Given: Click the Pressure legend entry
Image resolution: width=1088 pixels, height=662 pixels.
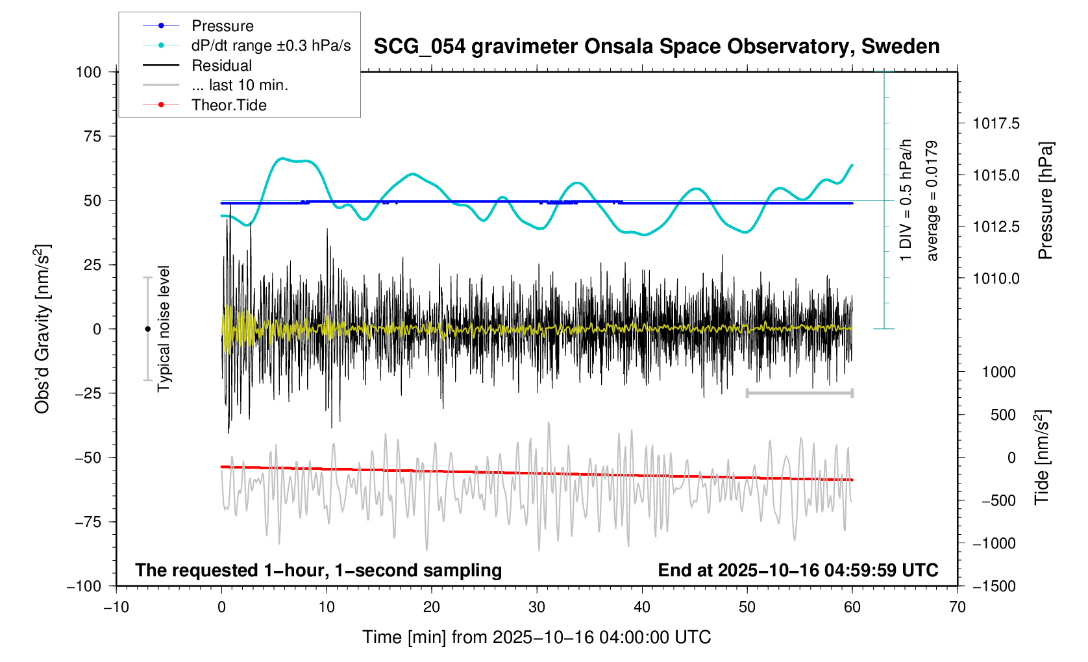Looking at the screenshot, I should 222,26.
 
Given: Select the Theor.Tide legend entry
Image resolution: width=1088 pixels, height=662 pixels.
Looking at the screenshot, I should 229,105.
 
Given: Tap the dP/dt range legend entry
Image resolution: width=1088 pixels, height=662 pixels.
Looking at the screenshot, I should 271,45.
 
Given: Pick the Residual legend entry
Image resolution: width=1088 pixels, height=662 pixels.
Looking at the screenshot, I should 221,66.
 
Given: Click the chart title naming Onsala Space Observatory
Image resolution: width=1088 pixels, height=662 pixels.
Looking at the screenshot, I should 656,47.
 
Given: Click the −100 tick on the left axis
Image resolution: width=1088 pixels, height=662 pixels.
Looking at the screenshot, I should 84,586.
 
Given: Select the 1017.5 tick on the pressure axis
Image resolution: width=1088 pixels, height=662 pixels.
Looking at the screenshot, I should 996,123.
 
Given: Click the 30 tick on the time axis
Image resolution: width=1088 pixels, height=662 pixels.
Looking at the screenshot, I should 537,607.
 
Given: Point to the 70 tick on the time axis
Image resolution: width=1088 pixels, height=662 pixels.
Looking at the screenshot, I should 957,607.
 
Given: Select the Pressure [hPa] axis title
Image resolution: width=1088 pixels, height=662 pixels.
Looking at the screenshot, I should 1045,201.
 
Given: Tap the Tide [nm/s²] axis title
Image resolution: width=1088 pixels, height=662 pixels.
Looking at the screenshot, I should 1042,457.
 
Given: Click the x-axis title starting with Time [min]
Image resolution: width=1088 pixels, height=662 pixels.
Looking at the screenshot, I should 536,637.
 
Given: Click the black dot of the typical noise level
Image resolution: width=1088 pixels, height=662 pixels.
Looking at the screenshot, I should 147,329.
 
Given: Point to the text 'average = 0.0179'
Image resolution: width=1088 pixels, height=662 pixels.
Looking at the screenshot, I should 932,201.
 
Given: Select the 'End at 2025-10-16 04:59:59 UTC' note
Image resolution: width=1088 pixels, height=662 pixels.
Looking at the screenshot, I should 798,570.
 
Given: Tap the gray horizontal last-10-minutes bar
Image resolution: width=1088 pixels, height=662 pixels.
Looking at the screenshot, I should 799,393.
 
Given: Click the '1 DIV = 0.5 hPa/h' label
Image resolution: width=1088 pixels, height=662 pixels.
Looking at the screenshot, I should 906,200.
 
